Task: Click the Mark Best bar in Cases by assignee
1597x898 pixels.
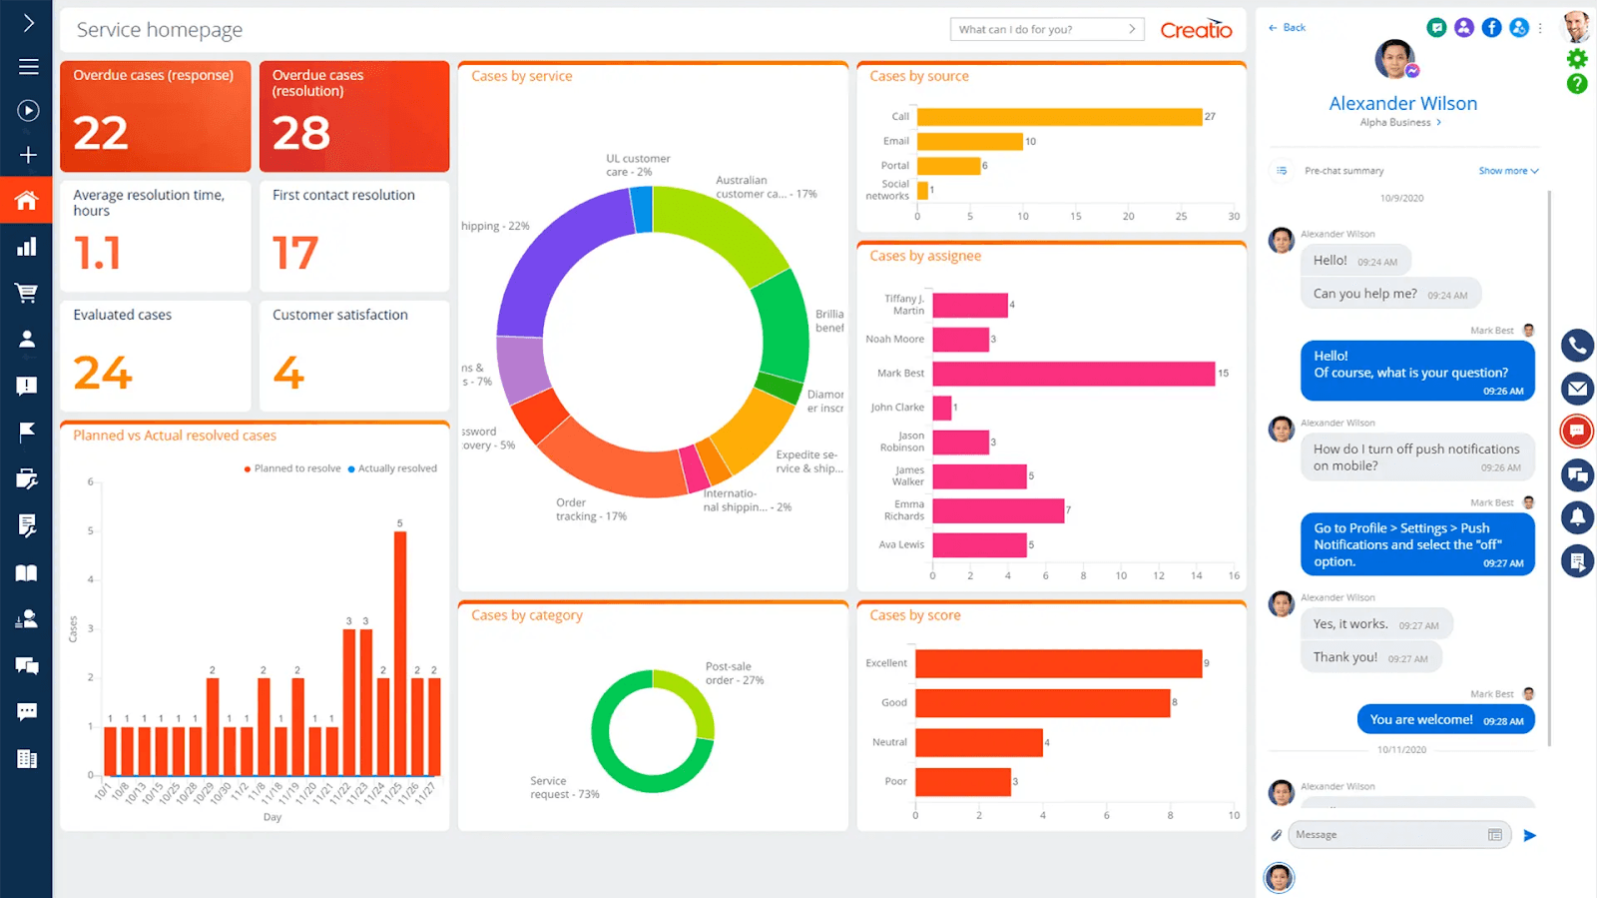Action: [1073, 374]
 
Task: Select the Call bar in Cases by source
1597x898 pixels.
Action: [1058, 117]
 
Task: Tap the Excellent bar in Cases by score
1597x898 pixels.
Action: [1058, 663]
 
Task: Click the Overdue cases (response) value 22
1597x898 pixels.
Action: [101, 134]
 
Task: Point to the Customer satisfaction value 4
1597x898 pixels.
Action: [288, 374]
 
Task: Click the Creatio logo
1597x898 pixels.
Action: [1196, 30]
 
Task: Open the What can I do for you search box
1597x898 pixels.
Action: [1038, 30]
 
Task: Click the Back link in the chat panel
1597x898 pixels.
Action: [1288, 28]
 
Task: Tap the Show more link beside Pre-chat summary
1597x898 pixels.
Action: [1507, 171]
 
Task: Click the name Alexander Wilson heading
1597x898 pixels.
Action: [1402, 104]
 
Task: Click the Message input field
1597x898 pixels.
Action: [1387, 835]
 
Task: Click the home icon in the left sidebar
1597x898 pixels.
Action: [27, 201]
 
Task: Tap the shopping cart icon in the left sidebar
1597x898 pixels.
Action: [27, 293]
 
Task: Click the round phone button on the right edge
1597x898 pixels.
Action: [1577, 346]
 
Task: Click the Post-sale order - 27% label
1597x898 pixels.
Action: [734, 673]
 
